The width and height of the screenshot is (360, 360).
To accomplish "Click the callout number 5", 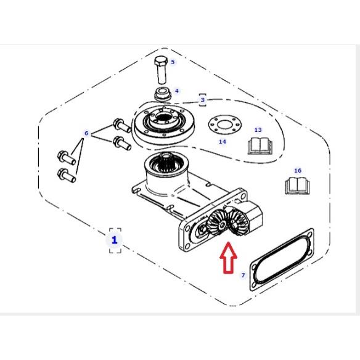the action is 173,62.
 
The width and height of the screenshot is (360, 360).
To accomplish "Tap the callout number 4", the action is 176,91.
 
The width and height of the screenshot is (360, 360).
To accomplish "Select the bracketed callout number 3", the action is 202,100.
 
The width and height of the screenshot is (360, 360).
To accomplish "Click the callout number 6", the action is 86,133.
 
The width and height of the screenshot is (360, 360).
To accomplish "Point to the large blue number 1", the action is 115,240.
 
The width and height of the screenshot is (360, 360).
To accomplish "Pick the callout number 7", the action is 243,275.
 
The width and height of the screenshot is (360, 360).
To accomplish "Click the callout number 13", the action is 258,130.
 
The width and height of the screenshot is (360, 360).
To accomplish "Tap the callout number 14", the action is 223,142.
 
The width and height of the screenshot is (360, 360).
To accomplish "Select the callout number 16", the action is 298,171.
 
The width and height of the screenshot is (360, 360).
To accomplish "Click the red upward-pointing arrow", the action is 229,258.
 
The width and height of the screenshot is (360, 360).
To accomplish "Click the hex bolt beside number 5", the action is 161,70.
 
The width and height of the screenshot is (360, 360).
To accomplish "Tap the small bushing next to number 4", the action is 163,94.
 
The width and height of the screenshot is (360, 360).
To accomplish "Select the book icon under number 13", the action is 260,146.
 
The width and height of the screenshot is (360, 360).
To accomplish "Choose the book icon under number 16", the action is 297,186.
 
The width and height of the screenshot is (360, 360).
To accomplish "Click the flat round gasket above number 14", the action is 225,126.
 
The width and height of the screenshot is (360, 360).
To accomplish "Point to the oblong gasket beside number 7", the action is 282,260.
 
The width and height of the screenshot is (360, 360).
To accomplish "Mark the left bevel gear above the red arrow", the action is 218,224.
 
